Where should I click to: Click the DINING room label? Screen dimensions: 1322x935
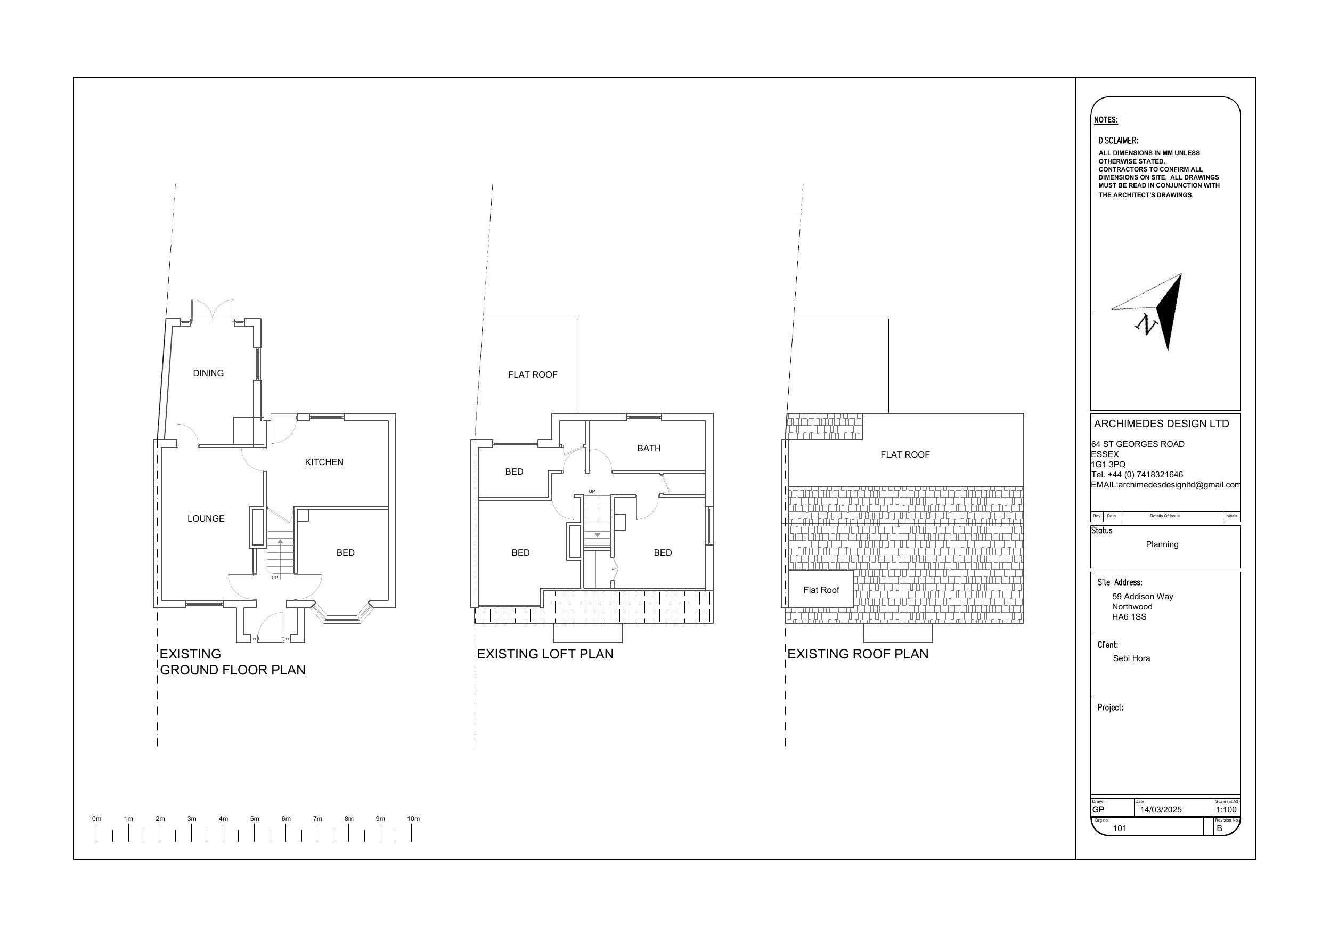[208, 373]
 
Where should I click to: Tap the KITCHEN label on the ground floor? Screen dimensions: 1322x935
[324, 462]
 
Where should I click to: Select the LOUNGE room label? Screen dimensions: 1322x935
[206, 518]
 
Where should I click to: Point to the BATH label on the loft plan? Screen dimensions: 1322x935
[649, 448]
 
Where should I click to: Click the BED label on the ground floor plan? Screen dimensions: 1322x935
[346, 552]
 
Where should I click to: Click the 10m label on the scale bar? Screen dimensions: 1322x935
[413, 819]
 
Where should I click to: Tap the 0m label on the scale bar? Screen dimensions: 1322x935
[97, 819]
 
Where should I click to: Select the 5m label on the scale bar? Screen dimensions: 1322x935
[255, 819]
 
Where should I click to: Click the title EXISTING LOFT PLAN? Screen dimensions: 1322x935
[545, 654]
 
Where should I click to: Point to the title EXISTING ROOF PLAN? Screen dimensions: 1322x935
[858, 654]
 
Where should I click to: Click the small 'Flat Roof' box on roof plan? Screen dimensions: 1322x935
[821, 589]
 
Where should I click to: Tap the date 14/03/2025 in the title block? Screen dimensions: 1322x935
[1161, 809]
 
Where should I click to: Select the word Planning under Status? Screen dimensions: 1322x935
[1162, 544]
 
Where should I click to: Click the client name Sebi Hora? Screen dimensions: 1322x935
[1131, 658]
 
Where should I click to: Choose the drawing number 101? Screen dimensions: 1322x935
[1120, 828]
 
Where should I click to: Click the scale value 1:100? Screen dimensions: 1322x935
[1227, 809]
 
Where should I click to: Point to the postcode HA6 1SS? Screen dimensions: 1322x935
[1129, 617]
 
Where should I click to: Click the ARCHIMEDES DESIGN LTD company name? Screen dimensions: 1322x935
[1161, 424]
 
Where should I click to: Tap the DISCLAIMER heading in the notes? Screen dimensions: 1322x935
[1118, 141]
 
